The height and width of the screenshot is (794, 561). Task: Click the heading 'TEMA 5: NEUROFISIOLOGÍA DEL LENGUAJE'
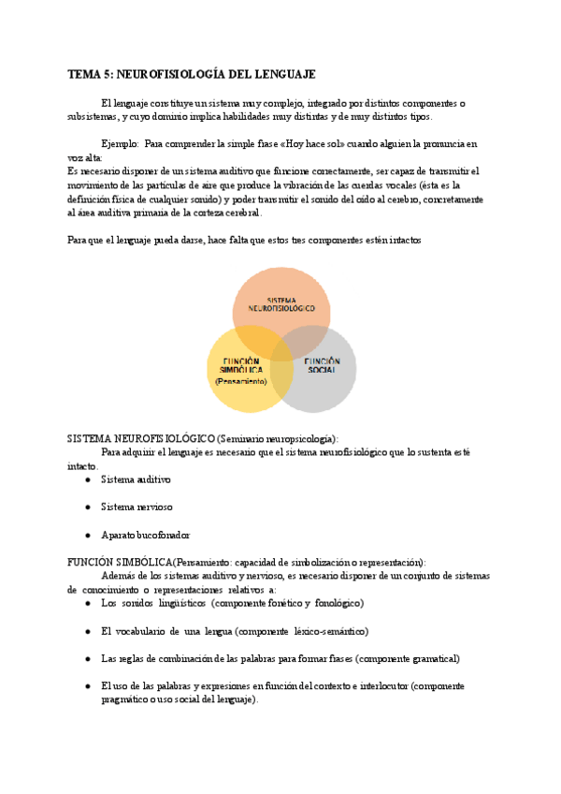(192, 73)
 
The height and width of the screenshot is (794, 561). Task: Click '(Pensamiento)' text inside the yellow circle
(240, 381)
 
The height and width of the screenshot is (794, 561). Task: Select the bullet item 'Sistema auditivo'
(136, 479)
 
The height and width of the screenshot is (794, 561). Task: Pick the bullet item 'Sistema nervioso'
(137, 507)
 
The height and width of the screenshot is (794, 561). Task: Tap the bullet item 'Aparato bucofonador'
(145, 535)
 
